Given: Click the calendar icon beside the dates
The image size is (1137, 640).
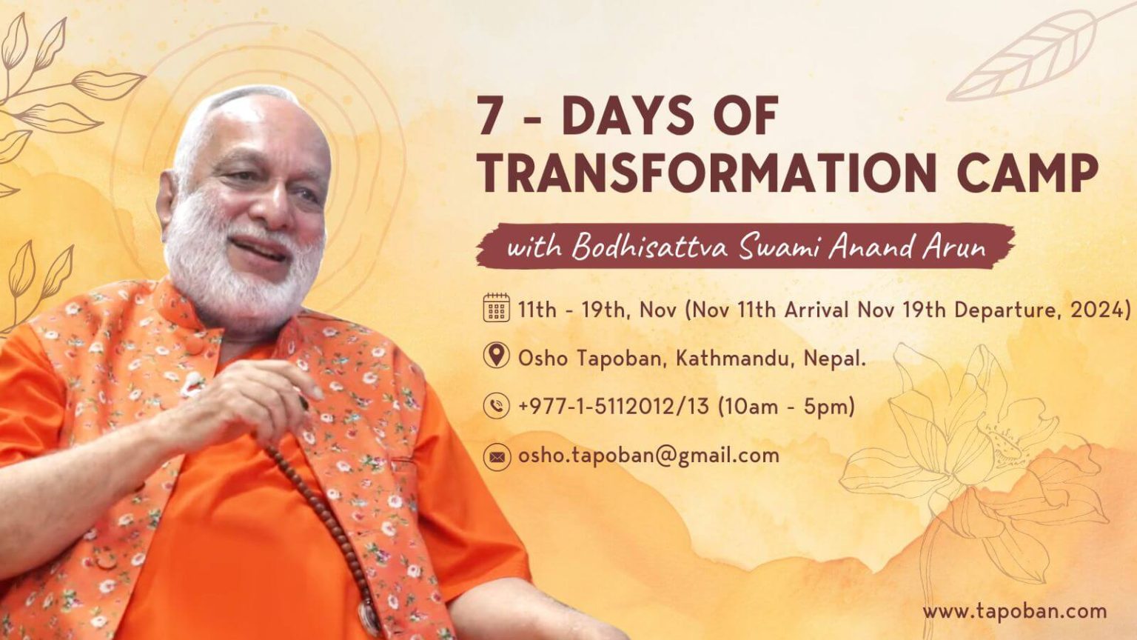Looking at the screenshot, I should click(496, 308).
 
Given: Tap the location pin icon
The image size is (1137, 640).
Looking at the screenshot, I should click(496, 356).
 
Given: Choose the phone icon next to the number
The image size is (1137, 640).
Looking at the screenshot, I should click(496, 406).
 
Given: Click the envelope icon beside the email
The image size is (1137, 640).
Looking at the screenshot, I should click(496, 456).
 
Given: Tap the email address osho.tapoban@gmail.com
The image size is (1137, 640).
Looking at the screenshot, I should click(648, 456).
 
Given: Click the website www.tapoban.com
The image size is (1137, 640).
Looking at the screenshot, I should click(1014, 612).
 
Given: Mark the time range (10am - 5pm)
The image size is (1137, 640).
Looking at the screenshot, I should click(786, 406).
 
